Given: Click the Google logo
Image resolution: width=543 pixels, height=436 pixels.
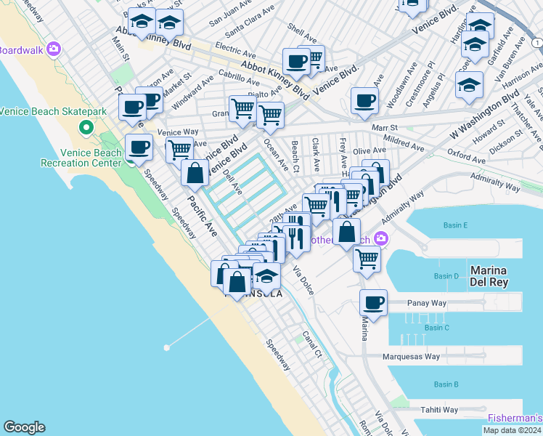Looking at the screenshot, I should (24, 427).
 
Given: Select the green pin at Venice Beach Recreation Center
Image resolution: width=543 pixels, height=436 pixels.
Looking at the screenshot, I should (86, 129).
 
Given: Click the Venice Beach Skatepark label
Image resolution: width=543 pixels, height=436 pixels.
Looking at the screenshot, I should (54, 111).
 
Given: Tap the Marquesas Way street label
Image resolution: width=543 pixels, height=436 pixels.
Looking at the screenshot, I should (411, 357).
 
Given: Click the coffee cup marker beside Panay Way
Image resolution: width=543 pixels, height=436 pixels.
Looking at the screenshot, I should (373, 303).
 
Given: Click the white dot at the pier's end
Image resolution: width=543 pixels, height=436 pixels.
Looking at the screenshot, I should (167, 347).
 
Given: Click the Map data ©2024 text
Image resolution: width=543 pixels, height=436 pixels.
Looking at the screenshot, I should (512, 430).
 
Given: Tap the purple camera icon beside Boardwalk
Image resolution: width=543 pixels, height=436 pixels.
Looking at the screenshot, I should (53, 49).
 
